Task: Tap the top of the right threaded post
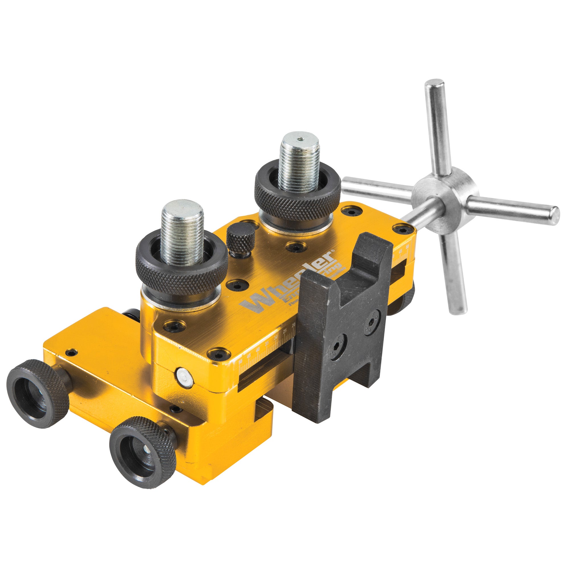tap(300, 140)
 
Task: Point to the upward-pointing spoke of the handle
tap(438, 124)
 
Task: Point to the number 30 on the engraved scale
tap(276, 337)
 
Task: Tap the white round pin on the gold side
tap(184, 377)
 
